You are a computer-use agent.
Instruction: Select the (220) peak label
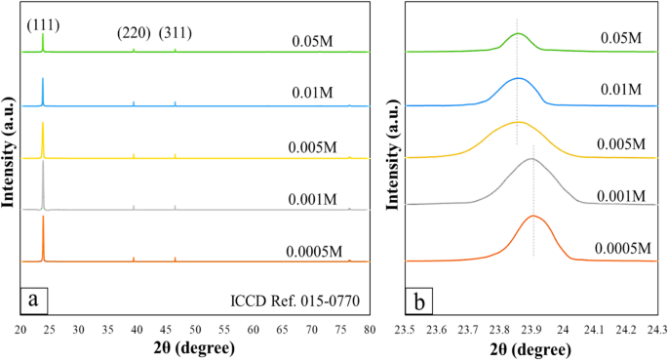134,33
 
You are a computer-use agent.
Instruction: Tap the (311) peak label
176,33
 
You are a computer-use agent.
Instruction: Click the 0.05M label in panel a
313,42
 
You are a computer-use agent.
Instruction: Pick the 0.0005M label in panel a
313,249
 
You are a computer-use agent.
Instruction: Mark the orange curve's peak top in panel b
533,216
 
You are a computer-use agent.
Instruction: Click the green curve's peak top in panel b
518,33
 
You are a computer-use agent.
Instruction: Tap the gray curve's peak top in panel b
531,158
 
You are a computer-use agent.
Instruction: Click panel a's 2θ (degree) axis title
195,348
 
